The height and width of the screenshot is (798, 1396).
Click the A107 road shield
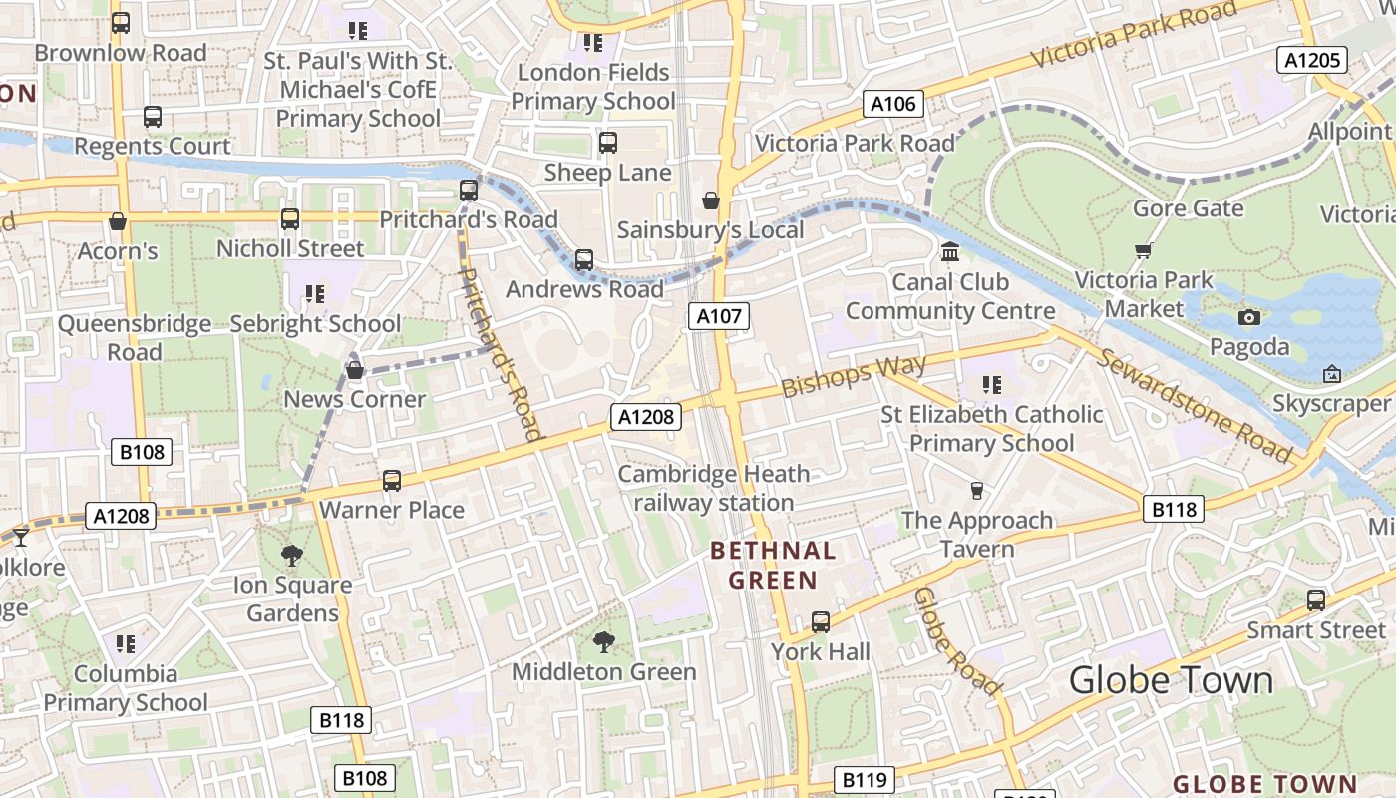(719, 316)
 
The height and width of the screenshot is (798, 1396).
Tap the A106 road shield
(892, 104)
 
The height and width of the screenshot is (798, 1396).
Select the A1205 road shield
(1312, 60)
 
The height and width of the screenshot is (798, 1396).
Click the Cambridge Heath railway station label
(715, 488)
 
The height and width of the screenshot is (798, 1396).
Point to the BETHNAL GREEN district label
(773, 565)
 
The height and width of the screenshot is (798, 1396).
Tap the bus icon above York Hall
(821, 622)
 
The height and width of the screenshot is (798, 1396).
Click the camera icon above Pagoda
(1248, 317)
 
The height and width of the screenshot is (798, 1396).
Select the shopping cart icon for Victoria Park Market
(1143, 250)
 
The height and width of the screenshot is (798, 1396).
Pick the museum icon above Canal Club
(950, 250)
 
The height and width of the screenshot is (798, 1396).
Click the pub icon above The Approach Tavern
(977, 490)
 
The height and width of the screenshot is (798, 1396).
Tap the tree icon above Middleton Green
(603, 641)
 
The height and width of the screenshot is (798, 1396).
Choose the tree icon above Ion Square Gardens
(292, 555)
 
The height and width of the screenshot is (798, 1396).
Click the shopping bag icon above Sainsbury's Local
(711, 200)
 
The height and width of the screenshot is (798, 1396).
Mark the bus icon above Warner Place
(392, 480)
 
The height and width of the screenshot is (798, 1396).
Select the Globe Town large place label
(1171, 680)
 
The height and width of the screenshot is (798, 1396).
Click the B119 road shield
(864, 779)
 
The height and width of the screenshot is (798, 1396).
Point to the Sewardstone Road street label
(1193, 404)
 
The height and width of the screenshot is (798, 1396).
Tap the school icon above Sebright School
(315, 293)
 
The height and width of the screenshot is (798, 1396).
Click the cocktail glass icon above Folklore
(20, 538)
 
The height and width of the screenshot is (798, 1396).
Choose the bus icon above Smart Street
(1316, 599)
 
